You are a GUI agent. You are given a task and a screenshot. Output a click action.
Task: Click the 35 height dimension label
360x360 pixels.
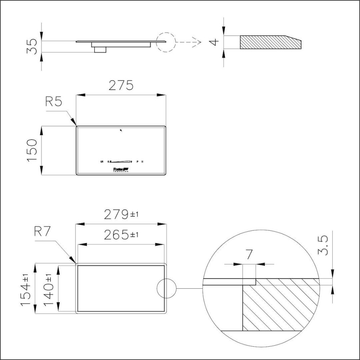tap(32, 46)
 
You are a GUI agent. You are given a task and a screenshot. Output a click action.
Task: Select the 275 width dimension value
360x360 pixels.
tap(121, 85)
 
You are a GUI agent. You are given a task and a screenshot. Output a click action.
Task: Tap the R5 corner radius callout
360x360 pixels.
tap(54, 102)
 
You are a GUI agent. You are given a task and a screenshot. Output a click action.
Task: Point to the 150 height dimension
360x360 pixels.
tap(32, 150)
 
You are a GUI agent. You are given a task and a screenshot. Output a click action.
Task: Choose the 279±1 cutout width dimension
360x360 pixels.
tap(121, 215)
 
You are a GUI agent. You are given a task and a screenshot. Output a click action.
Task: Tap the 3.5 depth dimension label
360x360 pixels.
tap(323, 246)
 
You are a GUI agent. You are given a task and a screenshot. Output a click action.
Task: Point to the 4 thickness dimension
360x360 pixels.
tap(214, 42)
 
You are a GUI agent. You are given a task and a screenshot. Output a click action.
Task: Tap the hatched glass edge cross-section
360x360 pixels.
tap(270, 42)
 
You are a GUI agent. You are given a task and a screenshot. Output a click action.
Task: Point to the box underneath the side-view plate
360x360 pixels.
tap(100, 49)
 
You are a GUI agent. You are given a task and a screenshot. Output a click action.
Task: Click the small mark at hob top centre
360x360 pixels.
tap(121, 130)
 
